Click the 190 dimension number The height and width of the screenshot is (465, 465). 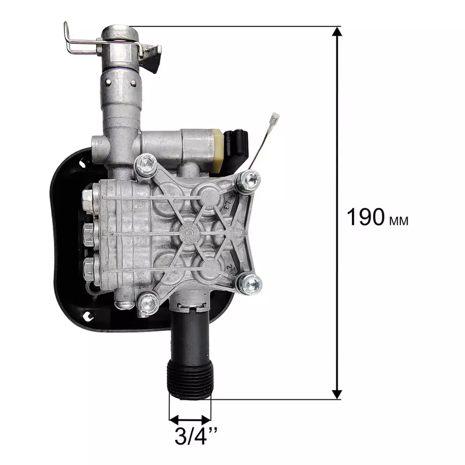365,217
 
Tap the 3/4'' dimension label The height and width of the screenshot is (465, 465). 196,436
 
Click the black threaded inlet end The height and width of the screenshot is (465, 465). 190,378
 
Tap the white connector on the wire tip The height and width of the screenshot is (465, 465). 275,119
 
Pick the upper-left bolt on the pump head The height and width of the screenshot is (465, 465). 146,165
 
